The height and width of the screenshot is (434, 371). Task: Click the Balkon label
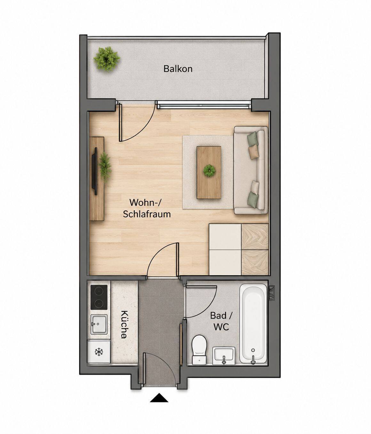(178, 69)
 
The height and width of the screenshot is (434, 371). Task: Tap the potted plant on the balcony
(107, 59)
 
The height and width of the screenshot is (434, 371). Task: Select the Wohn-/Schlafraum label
(147, 208)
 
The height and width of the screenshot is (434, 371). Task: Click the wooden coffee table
(209, 173)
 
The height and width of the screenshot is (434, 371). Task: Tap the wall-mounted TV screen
(96, 171)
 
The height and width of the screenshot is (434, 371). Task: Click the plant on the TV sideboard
(105, 167)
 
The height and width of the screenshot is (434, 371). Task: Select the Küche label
(124, 325)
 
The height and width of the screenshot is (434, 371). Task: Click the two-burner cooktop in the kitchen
(99, 297)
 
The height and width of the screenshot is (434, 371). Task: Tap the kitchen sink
(99, 325)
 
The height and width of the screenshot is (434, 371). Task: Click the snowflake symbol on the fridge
(99, 352)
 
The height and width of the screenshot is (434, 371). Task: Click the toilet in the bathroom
(199, 350)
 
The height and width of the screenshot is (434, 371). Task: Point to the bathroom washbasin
(224, 356)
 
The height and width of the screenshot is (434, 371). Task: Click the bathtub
(253, 324)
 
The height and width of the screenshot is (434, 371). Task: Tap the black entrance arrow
(159, 398)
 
